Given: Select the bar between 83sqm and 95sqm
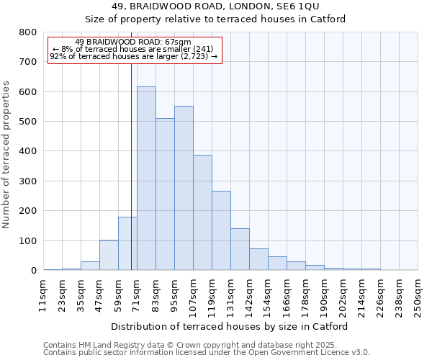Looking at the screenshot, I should (165, 194).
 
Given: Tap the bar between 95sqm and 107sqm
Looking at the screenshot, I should (184, 188).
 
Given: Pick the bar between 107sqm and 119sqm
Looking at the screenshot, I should (202, 212).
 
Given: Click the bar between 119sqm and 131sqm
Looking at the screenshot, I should (221, 230).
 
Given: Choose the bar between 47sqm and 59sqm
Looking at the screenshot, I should (109, 255).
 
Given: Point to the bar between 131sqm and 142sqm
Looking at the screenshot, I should (240, 249).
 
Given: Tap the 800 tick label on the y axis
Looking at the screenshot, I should (28, 32).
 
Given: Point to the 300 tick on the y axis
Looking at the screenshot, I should (28, 181).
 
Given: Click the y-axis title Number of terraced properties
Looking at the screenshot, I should (7, 155).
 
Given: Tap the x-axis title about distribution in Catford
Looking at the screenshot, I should (230, 326).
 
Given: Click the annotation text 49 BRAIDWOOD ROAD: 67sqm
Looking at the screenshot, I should (133, 42).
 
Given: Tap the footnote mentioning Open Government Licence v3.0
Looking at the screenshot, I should (207, 352).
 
